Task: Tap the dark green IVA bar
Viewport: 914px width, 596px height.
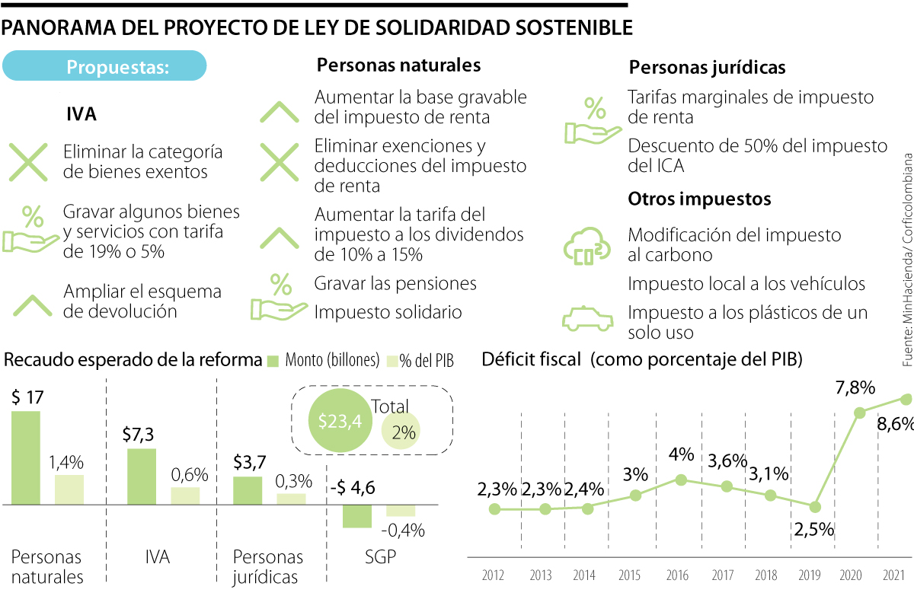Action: pyautogui.click(x=142, y=476)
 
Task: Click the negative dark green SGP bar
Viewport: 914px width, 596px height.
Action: pyautogui.click(x=356, y=516)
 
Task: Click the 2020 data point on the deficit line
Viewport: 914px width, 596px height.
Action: pyautogui.click(x=860, y=413)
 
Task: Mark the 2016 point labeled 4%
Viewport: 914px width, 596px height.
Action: pyautogui.click(x=682, y=480)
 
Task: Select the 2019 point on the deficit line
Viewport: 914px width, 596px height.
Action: pyautogui.click(x=815, y=506)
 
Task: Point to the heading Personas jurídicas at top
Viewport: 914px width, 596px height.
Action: pyautogui.click(x=707, y=68)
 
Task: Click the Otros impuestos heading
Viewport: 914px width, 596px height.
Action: pyautogui.click(x=699, y=199)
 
